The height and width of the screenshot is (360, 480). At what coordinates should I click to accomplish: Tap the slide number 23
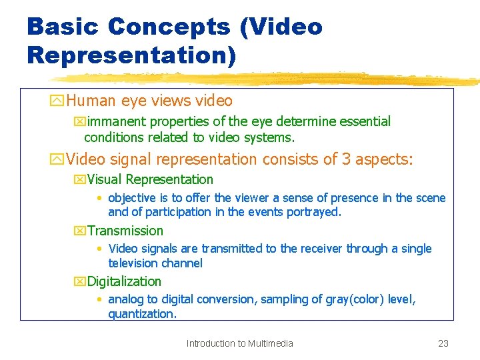click(x=443, y=343)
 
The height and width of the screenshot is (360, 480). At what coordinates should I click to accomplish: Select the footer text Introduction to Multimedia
click(x=239, y=343)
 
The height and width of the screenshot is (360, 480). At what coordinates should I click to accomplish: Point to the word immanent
click(x=117, y=121)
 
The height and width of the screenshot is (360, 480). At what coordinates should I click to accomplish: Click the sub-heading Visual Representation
click(x=150, y=179)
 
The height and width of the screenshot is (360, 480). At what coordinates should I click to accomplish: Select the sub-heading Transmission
click(x=125, y=231)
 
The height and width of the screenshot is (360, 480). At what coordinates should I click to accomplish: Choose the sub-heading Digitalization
click(x=124, y=281)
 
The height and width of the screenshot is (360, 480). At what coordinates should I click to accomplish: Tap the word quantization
click(x=142, y=314)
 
